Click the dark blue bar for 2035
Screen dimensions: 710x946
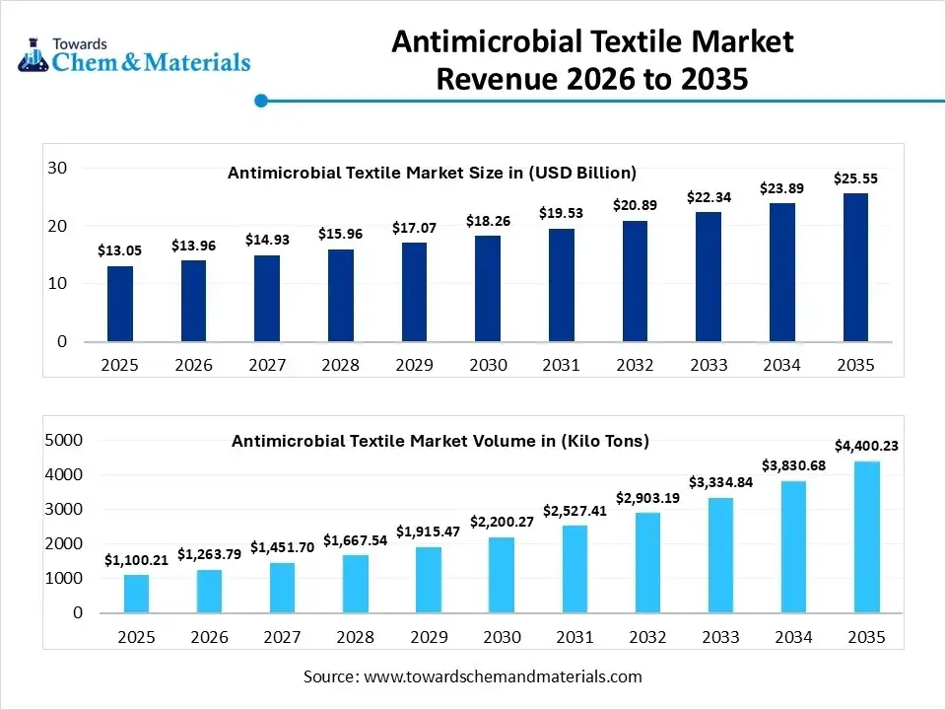point(855,267)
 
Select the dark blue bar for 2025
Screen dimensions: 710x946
point(120,304)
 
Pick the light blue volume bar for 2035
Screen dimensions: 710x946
point(867,536)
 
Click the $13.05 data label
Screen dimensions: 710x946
point(120,250)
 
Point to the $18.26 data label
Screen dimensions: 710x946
point(488,220)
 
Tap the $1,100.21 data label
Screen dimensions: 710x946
point(137,560)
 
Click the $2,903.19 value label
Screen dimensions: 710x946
point(647,497)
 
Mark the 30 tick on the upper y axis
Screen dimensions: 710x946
point(56,169)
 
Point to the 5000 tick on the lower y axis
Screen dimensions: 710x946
point(64,440)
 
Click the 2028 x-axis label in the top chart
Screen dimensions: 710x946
point(340,365)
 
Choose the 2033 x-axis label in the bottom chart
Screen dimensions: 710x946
point(720,638)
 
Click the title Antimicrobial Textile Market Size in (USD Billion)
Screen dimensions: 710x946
point(432,173)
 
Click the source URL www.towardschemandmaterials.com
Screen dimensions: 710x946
point(503,676)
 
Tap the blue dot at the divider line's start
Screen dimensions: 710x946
point(261,100)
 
